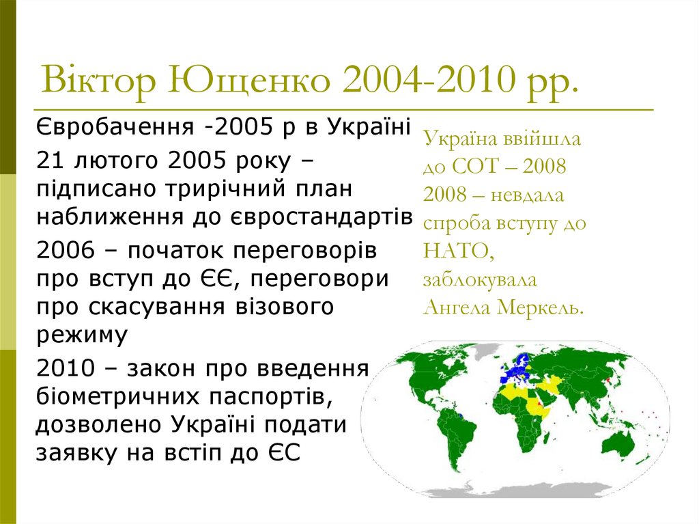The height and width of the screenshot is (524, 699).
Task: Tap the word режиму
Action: [83, 335]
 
